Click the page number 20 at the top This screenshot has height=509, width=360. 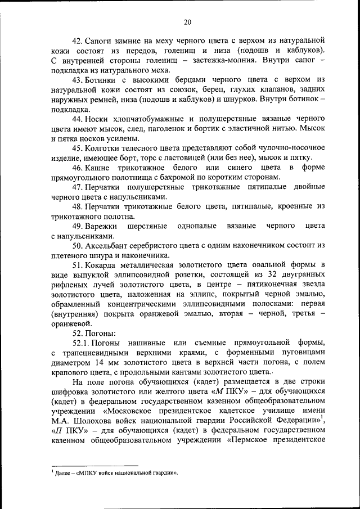[187, 21]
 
